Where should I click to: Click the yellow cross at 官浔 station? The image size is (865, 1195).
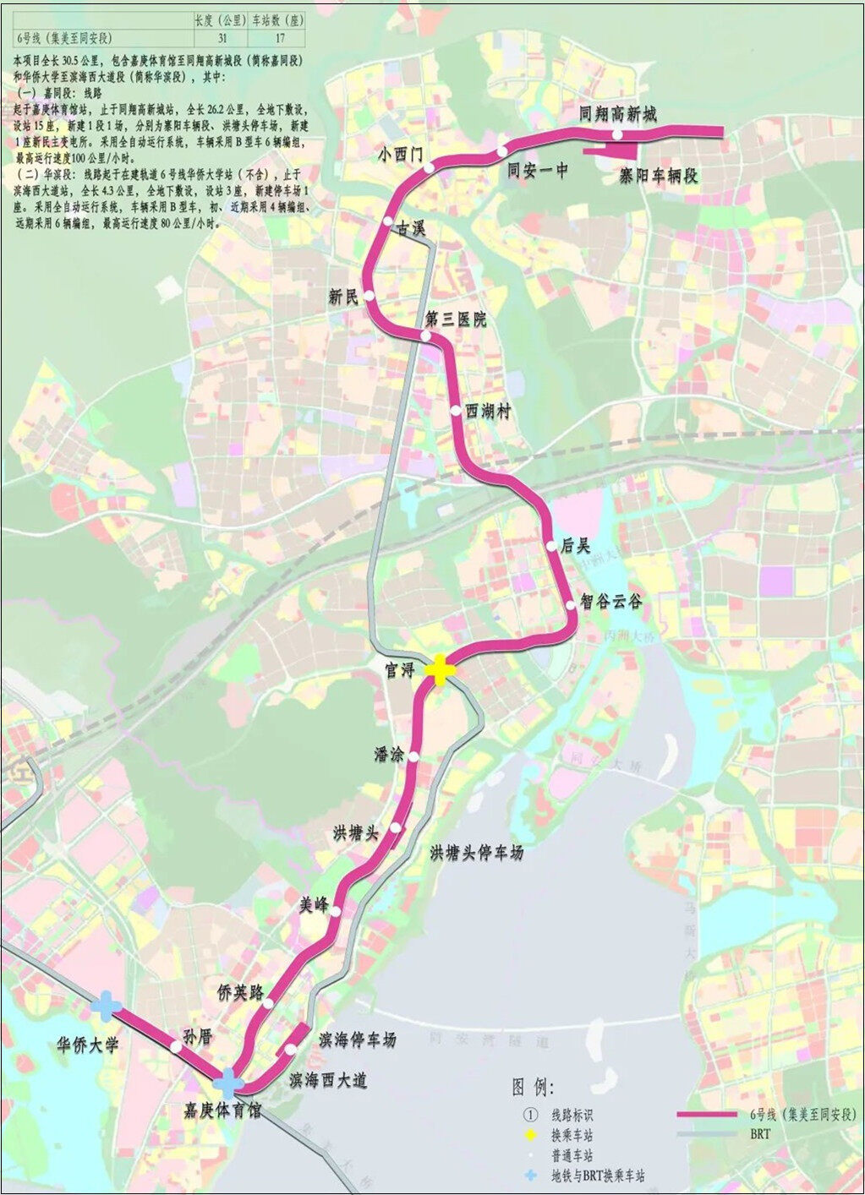441,669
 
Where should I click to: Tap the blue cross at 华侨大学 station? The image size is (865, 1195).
107,1005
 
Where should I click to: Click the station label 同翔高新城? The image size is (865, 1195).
618,114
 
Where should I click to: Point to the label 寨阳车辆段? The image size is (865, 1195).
658,176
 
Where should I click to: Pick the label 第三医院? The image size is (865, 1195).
457,319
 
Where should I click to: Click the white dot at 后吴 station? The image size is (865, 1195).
554,545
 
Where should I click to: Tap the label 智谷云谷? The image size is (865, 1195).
611,602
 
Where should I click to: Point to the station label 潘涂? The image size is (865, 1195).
390,754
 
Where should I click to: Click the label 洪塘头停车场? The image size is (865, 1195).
477,852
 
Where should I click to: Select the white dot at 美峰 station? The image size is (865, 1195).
337,911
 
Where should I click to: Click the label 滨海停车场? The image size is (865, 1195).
357,1039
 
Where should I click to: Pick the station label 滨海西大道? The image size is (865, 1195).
328,1080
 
